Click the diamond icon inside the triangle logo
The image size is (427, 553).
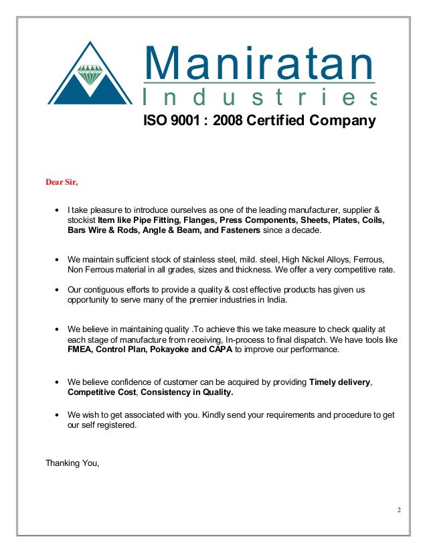[x=90, y=74]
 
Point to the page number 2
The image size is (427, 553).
[x=399, y=511]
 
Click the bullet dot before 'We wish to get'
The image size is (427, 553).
[x=58, y=415]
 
